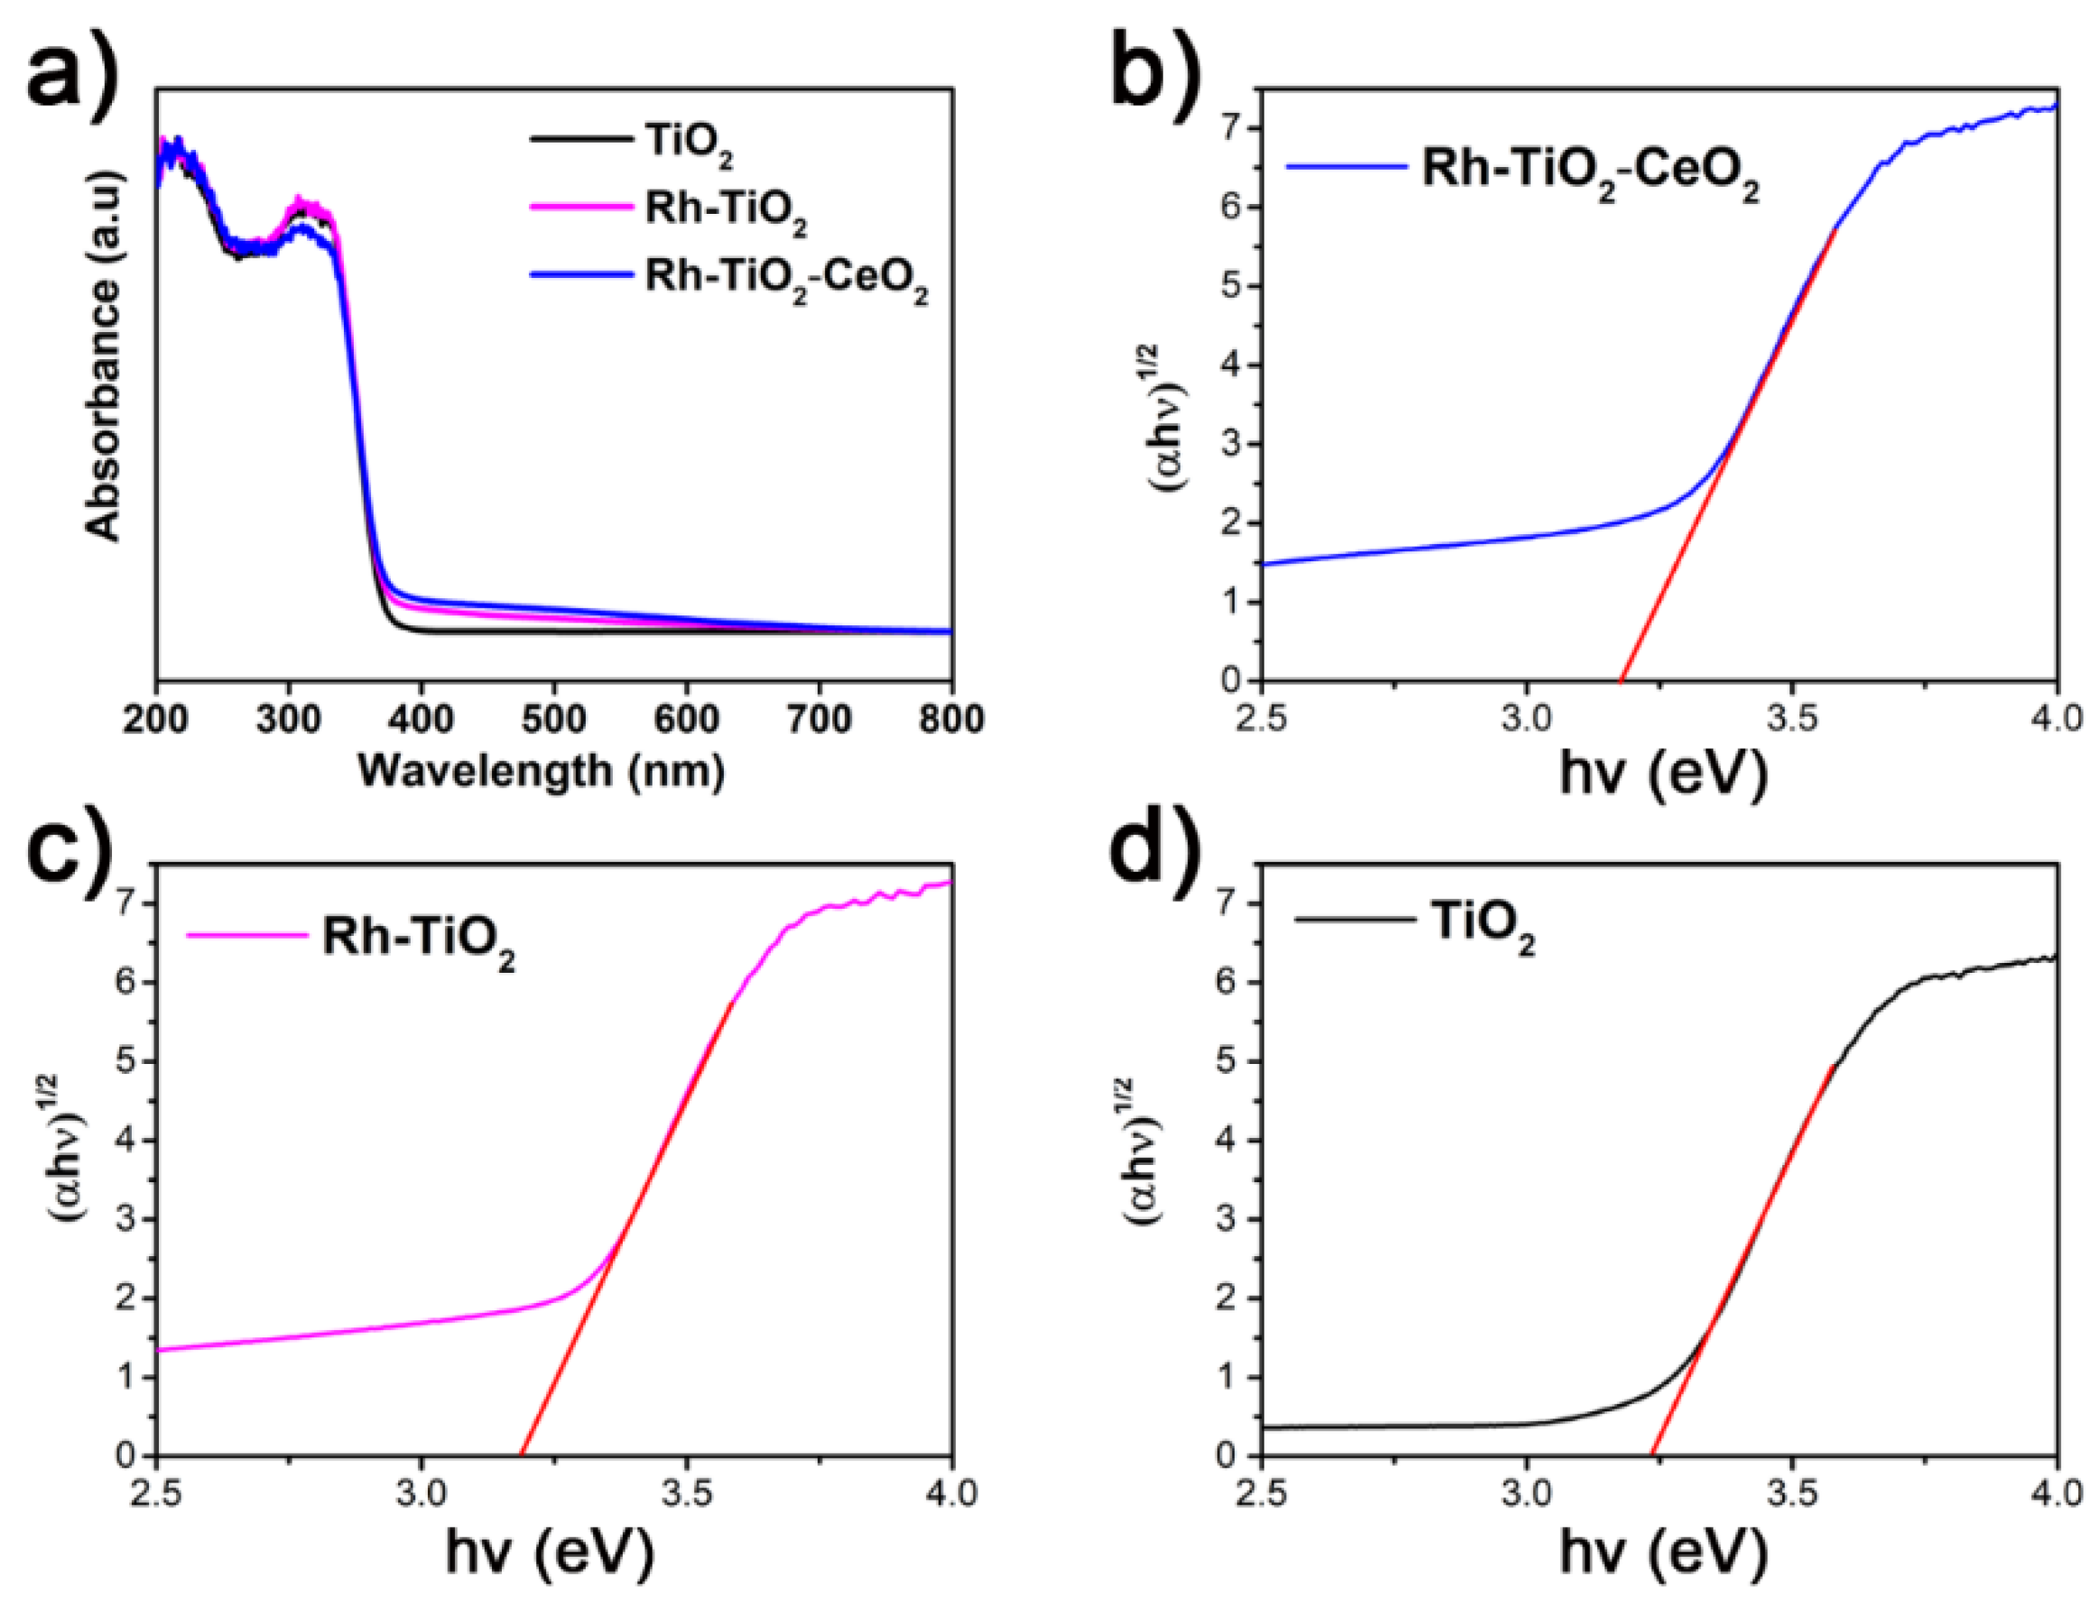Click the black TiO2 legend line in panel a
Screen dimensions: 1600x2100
point(580,140)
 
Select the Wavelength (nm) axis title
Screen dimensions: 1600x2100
point(541,770)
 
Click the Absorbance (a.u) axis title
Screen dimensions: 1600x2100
point(105,357)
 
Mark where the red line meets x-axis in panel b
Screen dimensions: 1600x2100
point(1620,680)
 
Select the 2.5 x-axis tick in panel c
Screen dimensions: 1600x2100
point(156,1494)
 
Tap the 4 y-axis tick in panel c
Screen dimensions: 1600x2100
point(125,1140)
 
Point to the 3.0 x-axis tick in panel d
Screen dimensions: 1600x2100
point(1527,1494)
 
